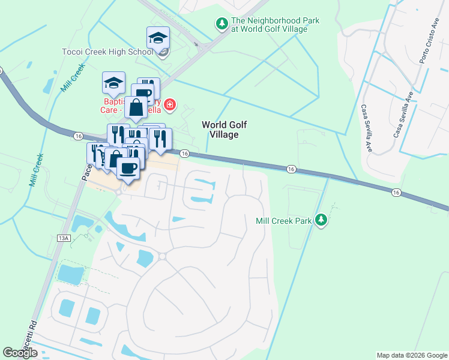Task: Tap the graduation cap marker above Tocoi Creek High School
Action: [x=158, y=37]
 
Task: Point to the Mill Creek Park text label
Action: [x=284, y=221]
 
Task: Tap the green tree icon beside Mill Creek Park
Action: [x=322, y=220]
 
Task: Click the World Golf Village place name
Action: [x=224, y=130]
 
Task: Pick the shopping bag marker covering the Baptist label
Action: [x=136, y=108]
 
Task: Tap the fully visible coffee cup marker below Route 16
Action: [x=128, y=167]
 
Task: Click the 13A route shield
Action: [x=64, y=238]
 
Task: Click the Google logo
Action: [x=20, y=353]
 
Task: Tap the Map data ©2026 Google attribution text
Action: [x=411, y=355]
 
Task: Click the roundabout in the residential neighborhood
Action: [x=162, y=256]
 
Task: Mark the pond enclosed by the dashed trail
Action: [x=71, y=274]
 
